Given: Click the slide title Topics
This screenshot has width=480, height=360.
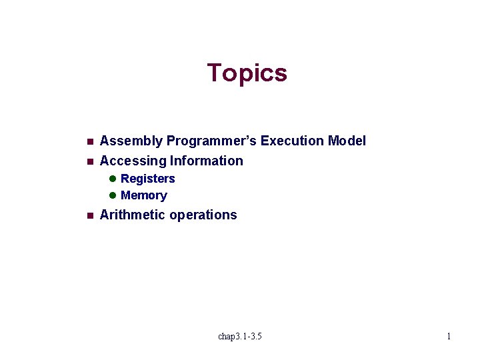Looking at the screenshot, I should (x=247, y=73).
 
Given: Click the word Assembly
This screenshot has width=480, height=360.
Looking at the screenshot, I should (x=131, y=141).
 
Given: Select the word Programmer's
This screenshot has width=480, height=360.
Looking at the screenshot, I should (x=211, y=141).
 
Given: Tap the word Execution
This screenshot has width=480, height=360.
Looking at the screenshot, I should (x=292, y=141).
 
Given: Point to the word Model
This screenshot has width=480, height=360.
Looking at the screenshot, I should (x=347, y=141).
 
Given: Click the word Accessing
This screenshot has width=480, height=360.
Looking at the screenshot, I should (x=133, y=161).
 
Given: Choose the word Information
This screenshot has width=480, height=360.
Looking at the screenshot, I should (x=207, y=161).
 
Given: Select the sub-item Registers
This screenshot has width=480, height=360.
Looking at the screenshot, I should (x=148, y=179).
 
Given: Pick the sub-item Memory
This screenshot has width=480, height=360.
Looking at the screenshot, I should (x=144, y=195).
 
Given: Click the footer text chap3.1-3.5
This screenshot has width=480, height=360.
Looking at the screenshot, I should (x=240, y=336).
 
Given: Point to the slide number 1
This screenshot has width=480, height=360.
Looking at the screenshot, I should (x=449, y=336).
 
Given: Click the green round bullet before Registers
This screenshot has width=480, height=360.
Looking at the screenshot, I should (x=113, y=179).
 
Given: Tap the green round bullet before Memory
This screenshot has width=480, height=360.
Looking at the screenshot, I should (x=113, y=195).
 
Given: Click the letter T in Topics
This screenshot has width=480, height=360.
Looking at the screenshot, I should (x=214, y=72).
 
